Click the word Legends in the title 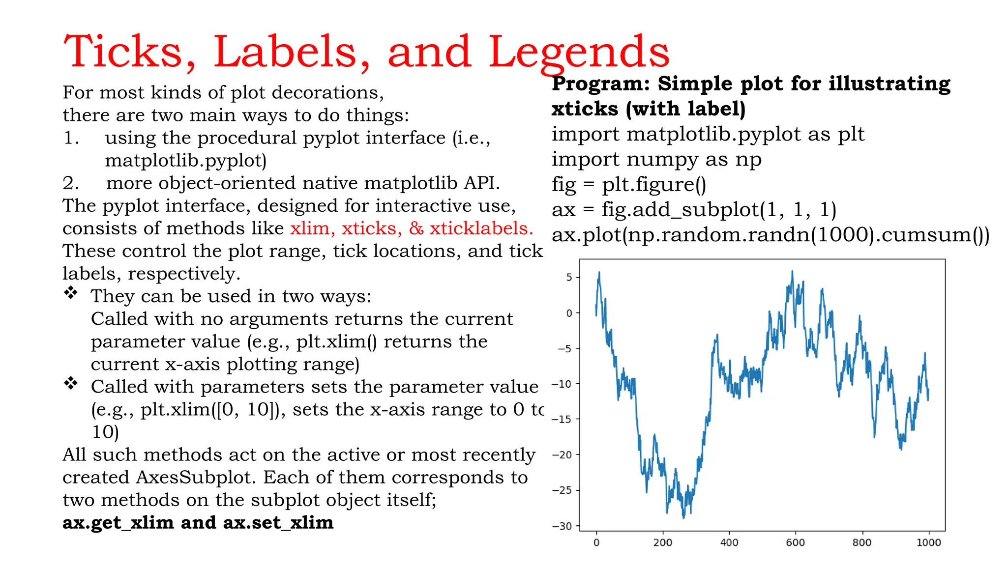click(x=578, y=53)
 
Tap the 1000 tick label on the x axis click(x=928, y=543)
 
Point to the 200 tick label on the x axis click(x=662, y=543)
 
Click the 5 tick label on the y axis click(x=569, y=278)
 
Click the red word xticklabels click(x=481, y=228)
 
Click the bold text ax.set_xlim click(x=278, y=522)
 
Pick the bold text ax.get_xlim click(x=118, y=522)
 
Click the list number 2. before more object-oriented click(x=71, y=183)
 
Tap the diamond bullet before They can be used click(x=71, y=293)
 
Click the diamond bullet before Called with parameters click(x=71, y=383)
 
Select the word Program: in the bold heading click(x=601, y=84)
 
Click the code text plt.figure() click(x=654, y=185)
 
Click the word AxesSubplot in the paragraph click(x=197, y=478)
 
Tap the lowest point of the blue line click(x=683, y=518)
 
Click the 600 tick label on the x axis click(x=795, y=543)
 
